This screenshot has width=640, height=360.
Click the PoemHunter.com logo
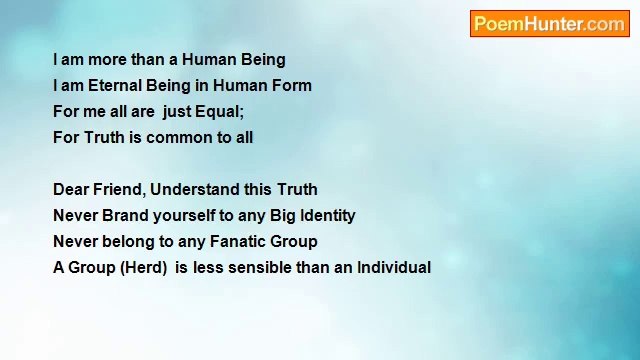(549, 24)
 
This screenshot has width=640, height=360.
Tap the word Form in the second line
(291, 86)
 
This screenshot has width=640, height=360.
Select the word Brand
(125, 216)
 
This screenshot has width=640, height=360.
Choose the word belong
(125, 242)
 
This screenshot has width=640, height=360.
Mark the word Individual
(394, 268)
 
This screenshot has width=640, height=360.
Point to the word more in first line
(108, 60)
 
